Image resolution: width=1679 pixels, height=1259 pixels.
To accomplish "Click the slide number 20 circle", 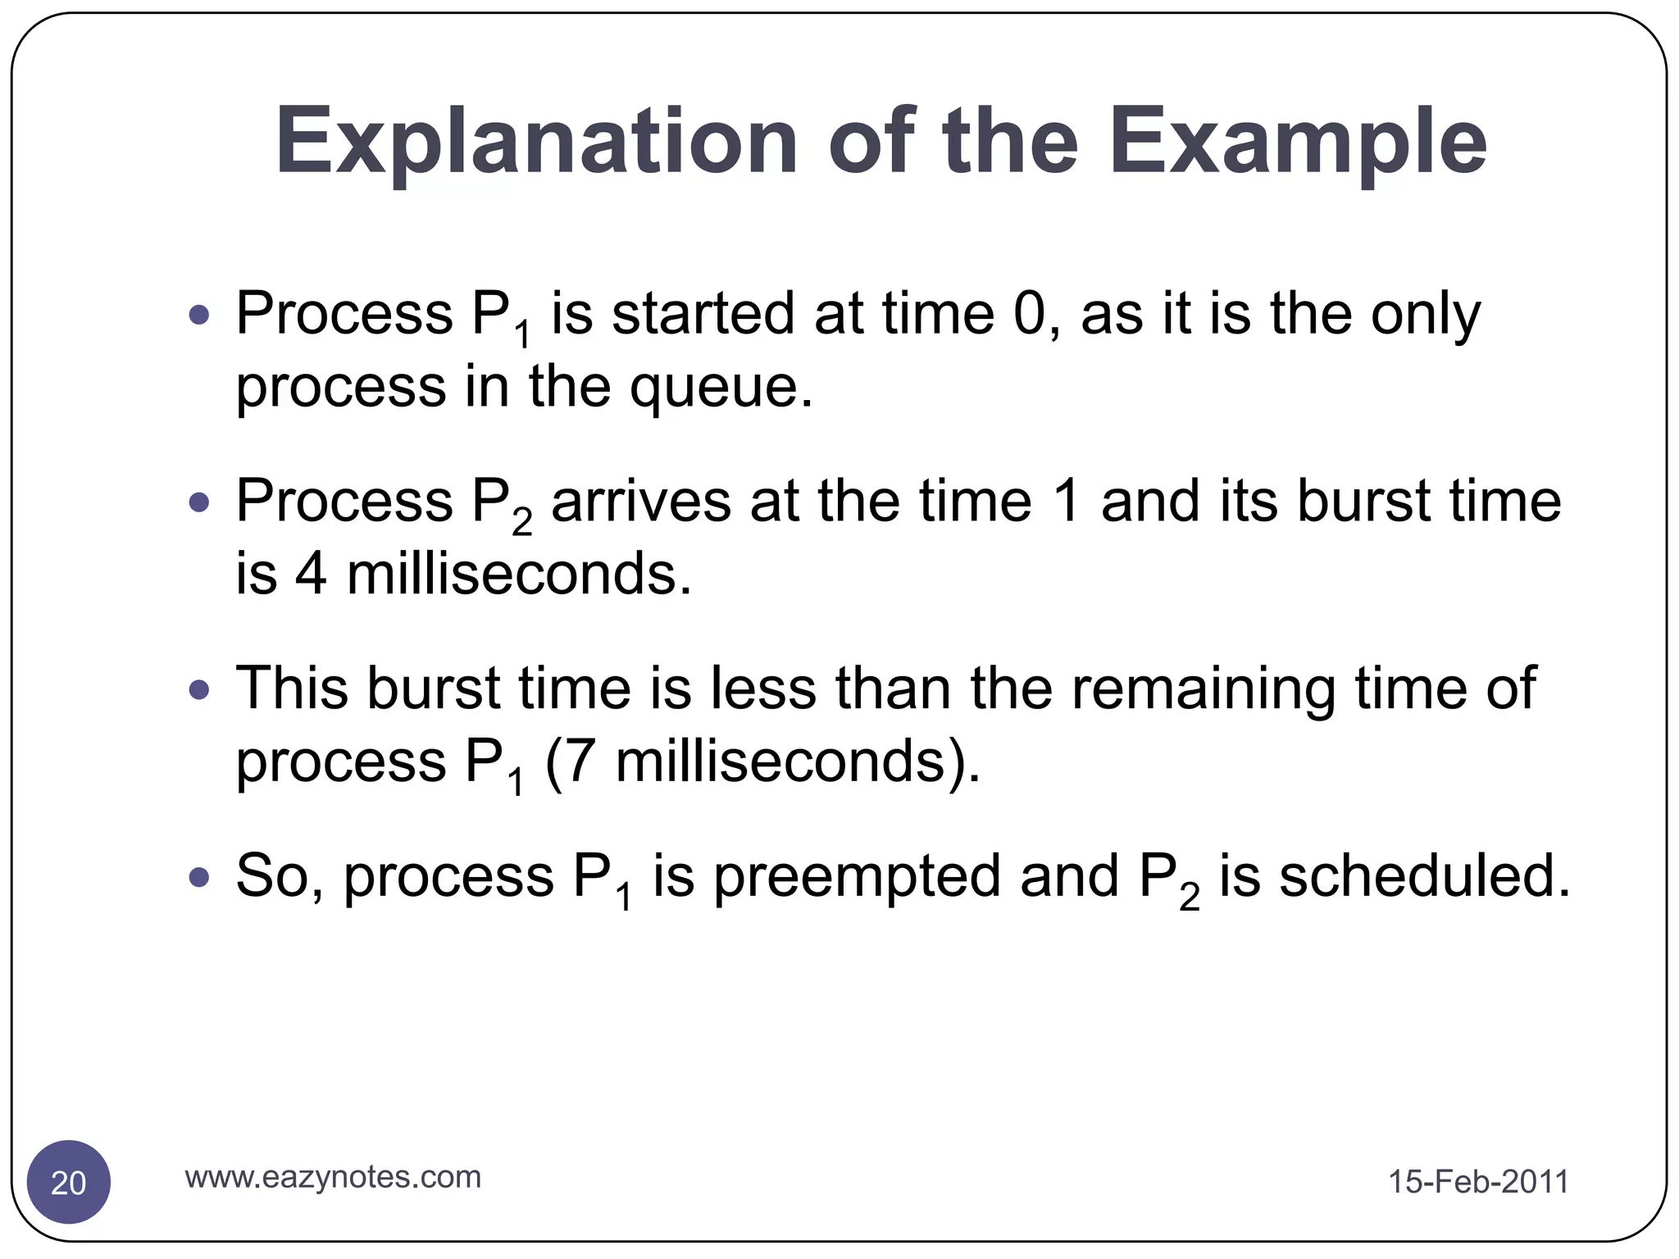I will (69, 1182).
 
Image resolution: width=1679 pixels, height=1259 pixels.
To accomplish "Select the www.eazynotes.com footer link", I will (333, 1177).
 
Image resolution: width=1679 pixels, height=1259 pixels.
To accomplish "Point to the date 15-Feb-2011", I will (1477, 1182).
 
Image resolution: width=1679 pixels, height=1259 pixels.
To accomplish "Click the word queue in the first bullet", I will (713, 387).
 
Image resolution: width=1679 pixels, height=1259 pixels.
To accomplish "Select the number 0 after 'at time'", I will (1030, 314).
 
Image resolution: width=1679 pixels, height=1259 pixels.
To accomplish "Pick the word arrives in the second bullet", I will (640, 502).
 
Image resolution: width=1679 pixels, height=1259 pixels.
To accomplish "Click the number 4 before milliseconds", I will (311, 574).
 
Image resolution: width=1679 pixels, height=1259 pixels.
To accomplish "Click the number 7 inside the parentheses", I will (580, 761).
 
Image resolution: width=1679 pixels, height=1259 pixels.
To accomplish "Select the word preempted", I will (857, 877).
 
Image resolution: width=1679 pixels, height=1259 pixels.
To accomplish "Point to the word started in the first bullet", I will (703, 314).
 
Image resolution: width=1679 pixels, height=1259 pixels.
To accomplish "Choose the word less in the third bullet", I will (762, 689).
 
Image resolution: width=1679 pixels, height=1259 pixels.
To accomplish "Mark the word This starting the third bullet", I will (291, 689).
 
